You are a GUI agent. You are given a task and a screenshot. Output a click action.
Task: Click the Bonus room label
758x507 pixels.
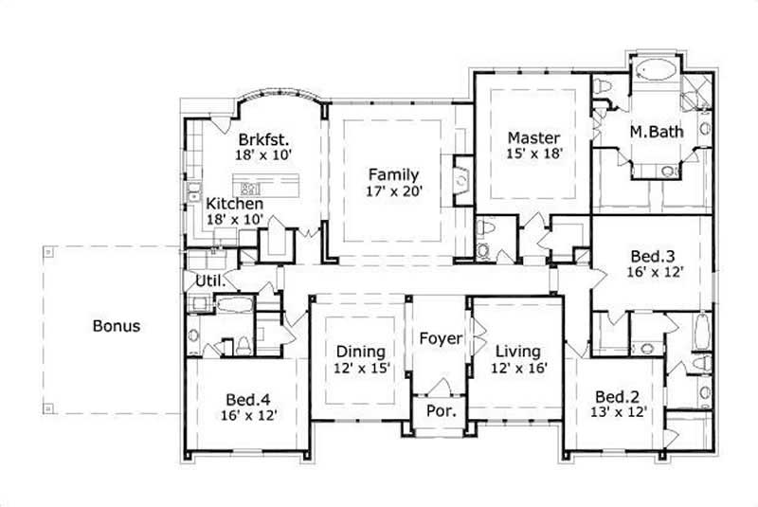pyautogui.click(x=117, y=326)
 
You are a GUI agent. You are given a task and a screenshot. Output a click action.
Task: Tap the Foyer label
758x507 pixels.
pyautogui.click(x=441, y=338)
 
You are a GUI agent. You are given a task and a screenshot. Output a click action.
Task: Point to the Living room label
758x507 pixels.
pyautogui.click(x=517, y=350)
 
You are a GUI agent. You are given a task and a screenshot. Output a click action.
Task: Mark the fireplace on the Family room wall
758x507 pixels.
pyautogui.click(x=460, y=177)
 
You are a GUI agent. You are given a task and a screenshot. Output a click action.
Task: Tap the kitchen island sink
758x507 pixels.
pyautogui.click(x=252, y=187)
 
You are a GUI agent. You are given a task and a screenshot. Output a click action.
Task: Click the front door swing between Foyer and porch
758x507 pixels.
pyautogui.click(x=438, y=387)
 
